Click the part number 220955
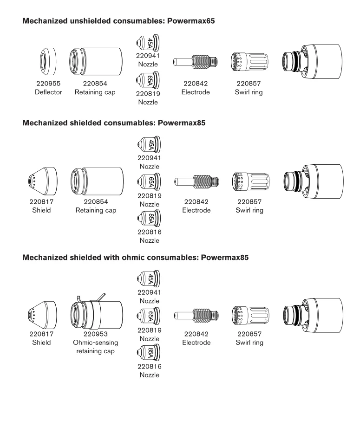point(48,84)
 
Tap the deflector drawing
point(48,62)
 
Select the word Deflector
point(48,92)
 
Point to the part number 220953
point(95,334)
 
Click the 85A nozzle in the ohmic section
point(149,353)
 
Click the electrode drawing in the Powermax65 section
point(195,62)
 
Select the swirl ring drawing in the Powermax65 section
point(249,62)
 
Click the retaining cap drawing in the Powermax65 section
point(96,62)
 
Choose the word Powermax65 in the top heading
point(191,21)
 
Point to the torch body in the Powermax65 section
point(312,62)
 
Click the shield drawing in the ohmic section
point(42,315)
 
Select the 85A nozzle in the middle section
point(149,218)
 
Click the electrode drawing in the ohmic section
point(196,316)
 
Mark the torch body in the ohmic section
point(313,315)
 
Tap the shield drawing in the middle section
point(42,181)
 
